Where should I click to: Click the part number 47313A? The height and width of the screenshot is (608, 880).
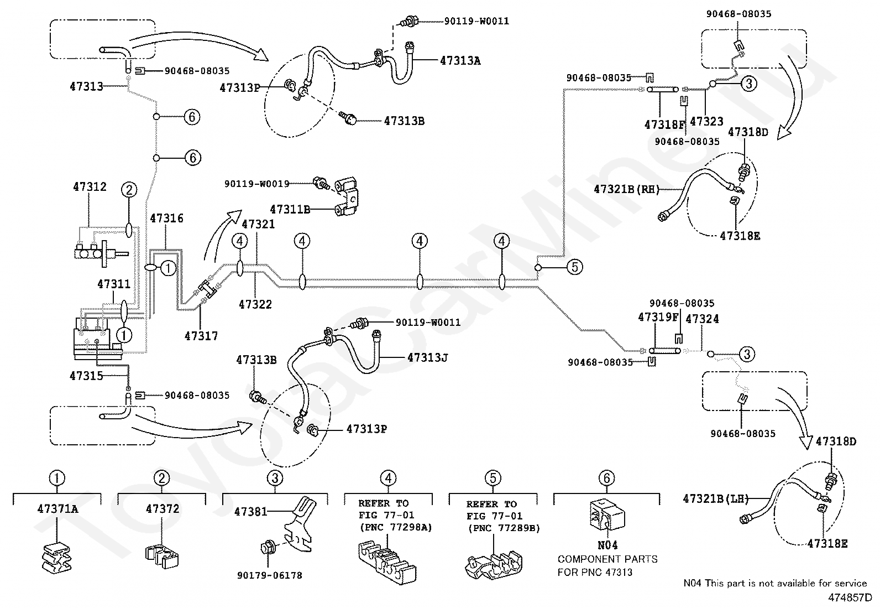pos(460,60)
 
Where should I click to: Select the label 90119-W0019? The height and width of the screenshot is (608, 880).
pos(257,184)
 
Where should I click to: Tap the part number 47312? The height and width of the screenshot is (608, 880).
pos(90,186)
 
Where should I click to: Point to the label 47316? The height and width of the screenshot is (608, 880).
pos(166,218)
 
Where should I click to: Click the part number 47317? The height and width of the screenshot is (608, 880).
pos(201,336)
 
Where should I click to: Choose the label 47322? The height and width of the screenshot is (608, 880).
pos(255,304)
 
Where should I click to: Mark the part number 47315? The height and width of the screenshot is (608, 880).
pos(86,376)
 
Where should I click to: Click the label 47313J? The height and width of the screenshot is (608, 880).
pos(427,357)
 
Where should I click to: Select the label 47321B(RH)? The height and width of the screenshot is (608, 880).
pos(627,189)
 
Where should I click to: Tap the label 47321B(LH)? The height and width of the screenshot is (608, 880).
pos(716,498)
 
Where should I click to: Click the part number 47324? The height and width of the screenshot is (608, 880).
pos(702,319)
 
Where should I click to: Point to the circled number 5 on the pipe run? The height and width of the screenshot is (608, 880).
pos(575,267)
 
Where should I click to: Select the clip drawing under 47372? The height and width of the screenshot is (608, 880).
pos(161,556)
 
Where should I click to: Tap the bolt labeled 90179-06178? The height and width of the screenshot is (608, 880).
pos(267,548)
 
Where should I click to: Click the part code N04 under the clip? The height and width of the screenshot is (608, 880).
pos(607,545)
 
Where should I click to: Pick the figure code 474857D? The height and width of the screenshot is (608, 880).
pos(850,597)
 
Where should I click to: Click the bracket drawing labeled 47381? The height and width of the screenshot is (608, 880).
pos(301,524)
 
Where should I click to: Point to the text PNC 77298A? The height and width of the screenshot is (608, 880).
pos(396,527)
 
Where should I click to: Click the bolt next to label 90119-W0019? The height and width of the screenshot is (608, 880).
pos(321,183)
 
